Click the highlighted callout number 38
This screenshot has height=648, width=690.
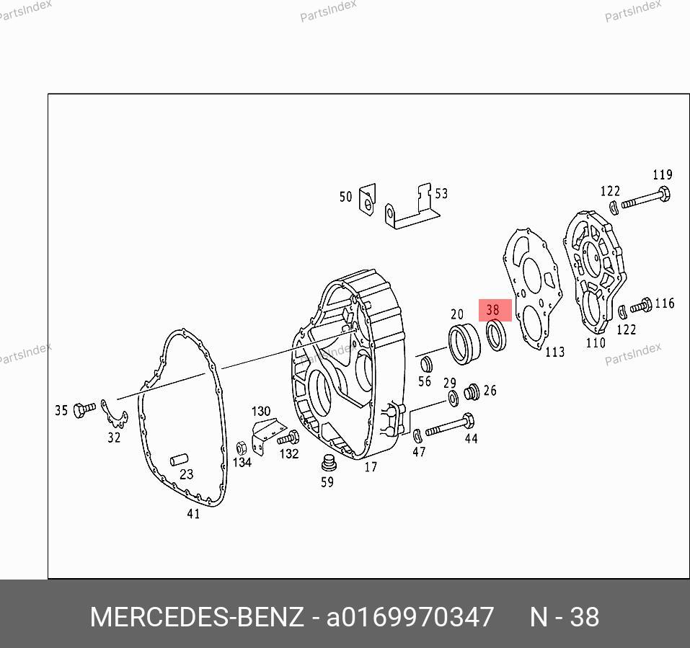493,310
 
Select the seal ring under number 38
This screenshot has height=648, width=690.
488,336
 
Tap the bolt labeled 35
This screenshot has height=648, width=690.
84,409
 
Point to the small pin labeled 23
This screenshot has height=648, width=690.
179,460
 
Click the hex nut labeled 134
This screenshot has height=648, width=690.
241,448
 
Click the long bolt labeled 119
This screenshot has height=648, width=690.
645,198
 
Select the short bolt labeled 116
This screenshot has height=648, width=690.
641,306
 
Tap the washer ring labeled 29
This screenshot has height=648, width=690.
453,398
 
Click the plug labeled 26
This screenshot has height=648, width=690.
472,391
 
